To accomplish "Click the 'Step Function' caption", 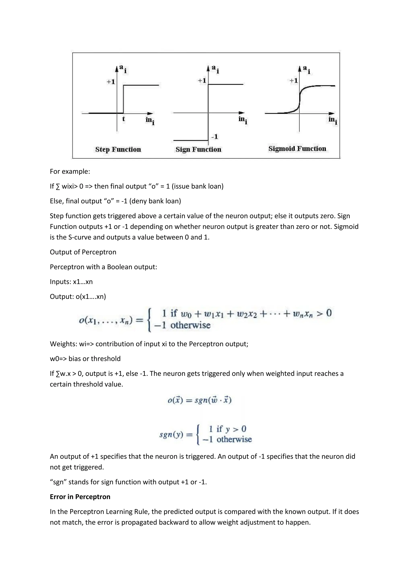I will [118, 149].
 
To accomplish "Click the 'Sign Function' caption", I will [198, 149].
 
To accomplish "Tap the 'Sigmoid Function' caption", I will [297, 149].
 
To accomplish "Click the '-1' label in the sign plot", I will [215, 137].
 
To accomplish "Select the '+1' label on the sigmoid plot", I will [294, 81].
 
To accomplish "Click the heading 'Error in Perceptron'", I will [80, 497].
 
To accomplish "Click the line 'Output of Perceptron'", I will [83, 252].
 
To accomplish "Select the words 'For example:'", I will [70, 171].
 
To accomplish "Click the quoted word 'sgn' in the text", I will [58, 482].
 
